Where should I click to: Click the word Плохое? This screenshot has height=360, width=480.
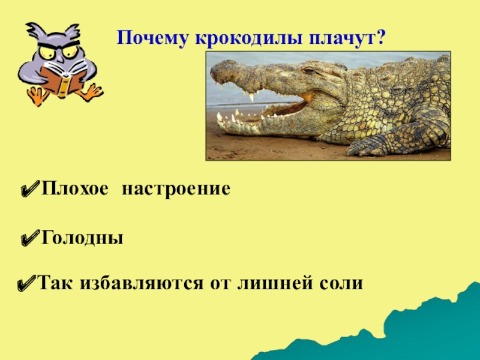click(x=75, y=190)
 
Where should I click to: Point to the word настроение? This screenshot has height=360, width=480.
click(x=176, y=190)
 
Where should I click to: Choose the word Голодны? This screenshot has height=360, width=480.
click(x=82, y=238)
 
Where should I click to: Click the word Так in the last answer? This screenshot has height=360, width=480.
click(x=54, y=283)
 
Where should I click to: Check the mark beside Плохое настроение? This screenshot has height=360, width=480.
click(x=29, y=190)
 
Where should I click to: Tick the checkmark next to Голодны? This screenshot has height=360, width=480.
click(x=29, y=239)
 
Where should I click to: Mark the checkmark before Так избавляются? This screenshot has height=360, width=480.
click(x=26, y=283)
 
